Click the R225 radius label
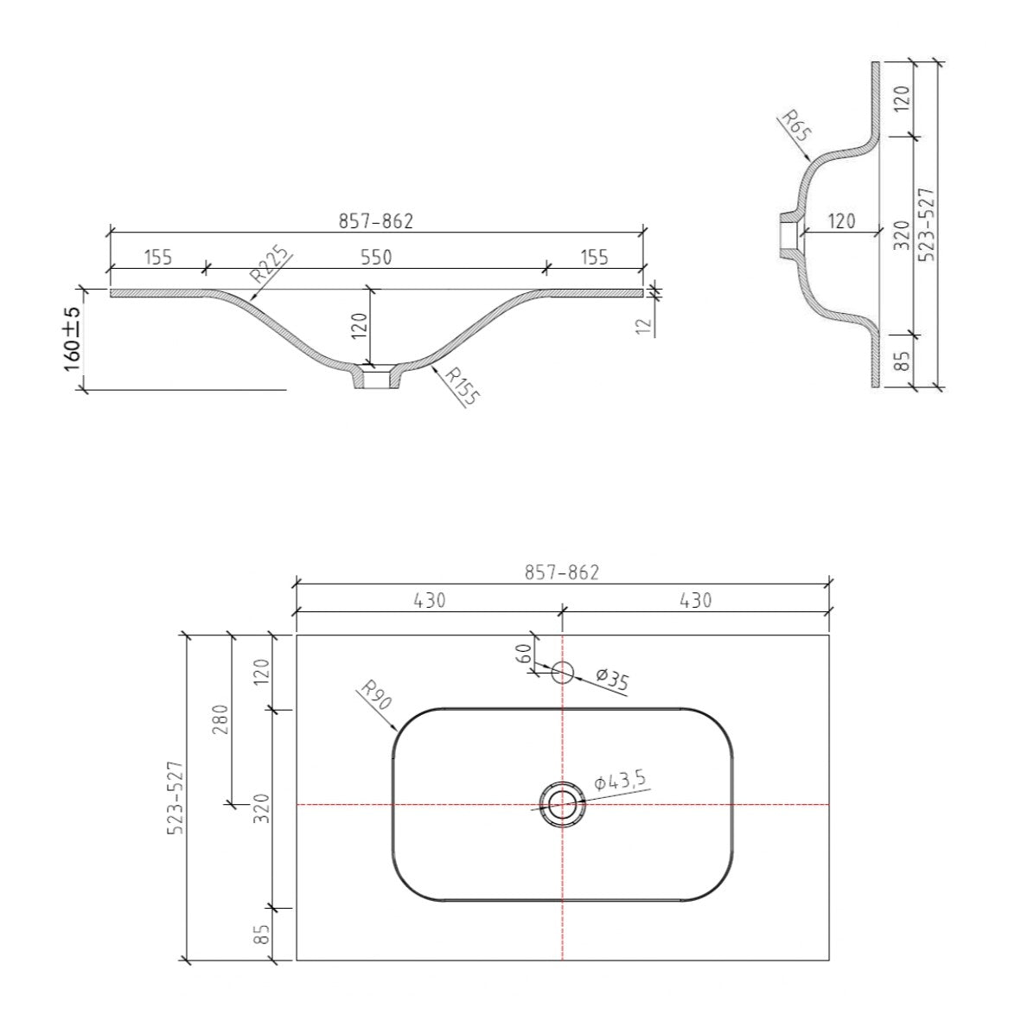point(267,264)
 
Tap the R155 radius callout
point(463,386)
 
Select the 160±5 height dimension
point(72,339)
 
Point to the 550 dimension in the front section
point(376,258)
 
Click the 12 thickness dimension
point(642,326)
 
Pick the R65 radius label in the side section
point(795,125)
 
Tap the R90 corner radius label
point(376,694)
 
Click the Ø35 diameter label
point(612,680)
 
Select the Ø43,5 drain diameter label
point(620,781)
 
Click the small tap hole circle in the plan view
point(563,673)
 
